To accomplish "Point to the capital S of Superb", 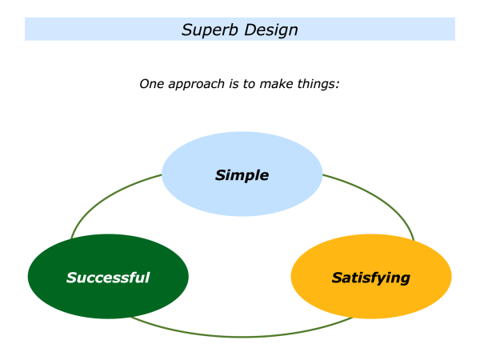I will coord(186,30).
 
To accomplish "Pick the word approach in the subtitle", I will coord(197,84).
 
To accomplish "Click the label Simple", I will coord(242,175).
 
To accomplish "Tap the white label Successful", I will coord(108,278).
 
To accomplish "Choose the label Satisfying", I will coord(370,278).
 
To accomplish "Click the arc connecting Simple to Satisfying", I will coord(384,200).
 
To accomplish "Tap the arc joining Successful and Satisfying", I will coord(240,336).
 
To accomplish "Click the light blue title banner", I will coord(80,30).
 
